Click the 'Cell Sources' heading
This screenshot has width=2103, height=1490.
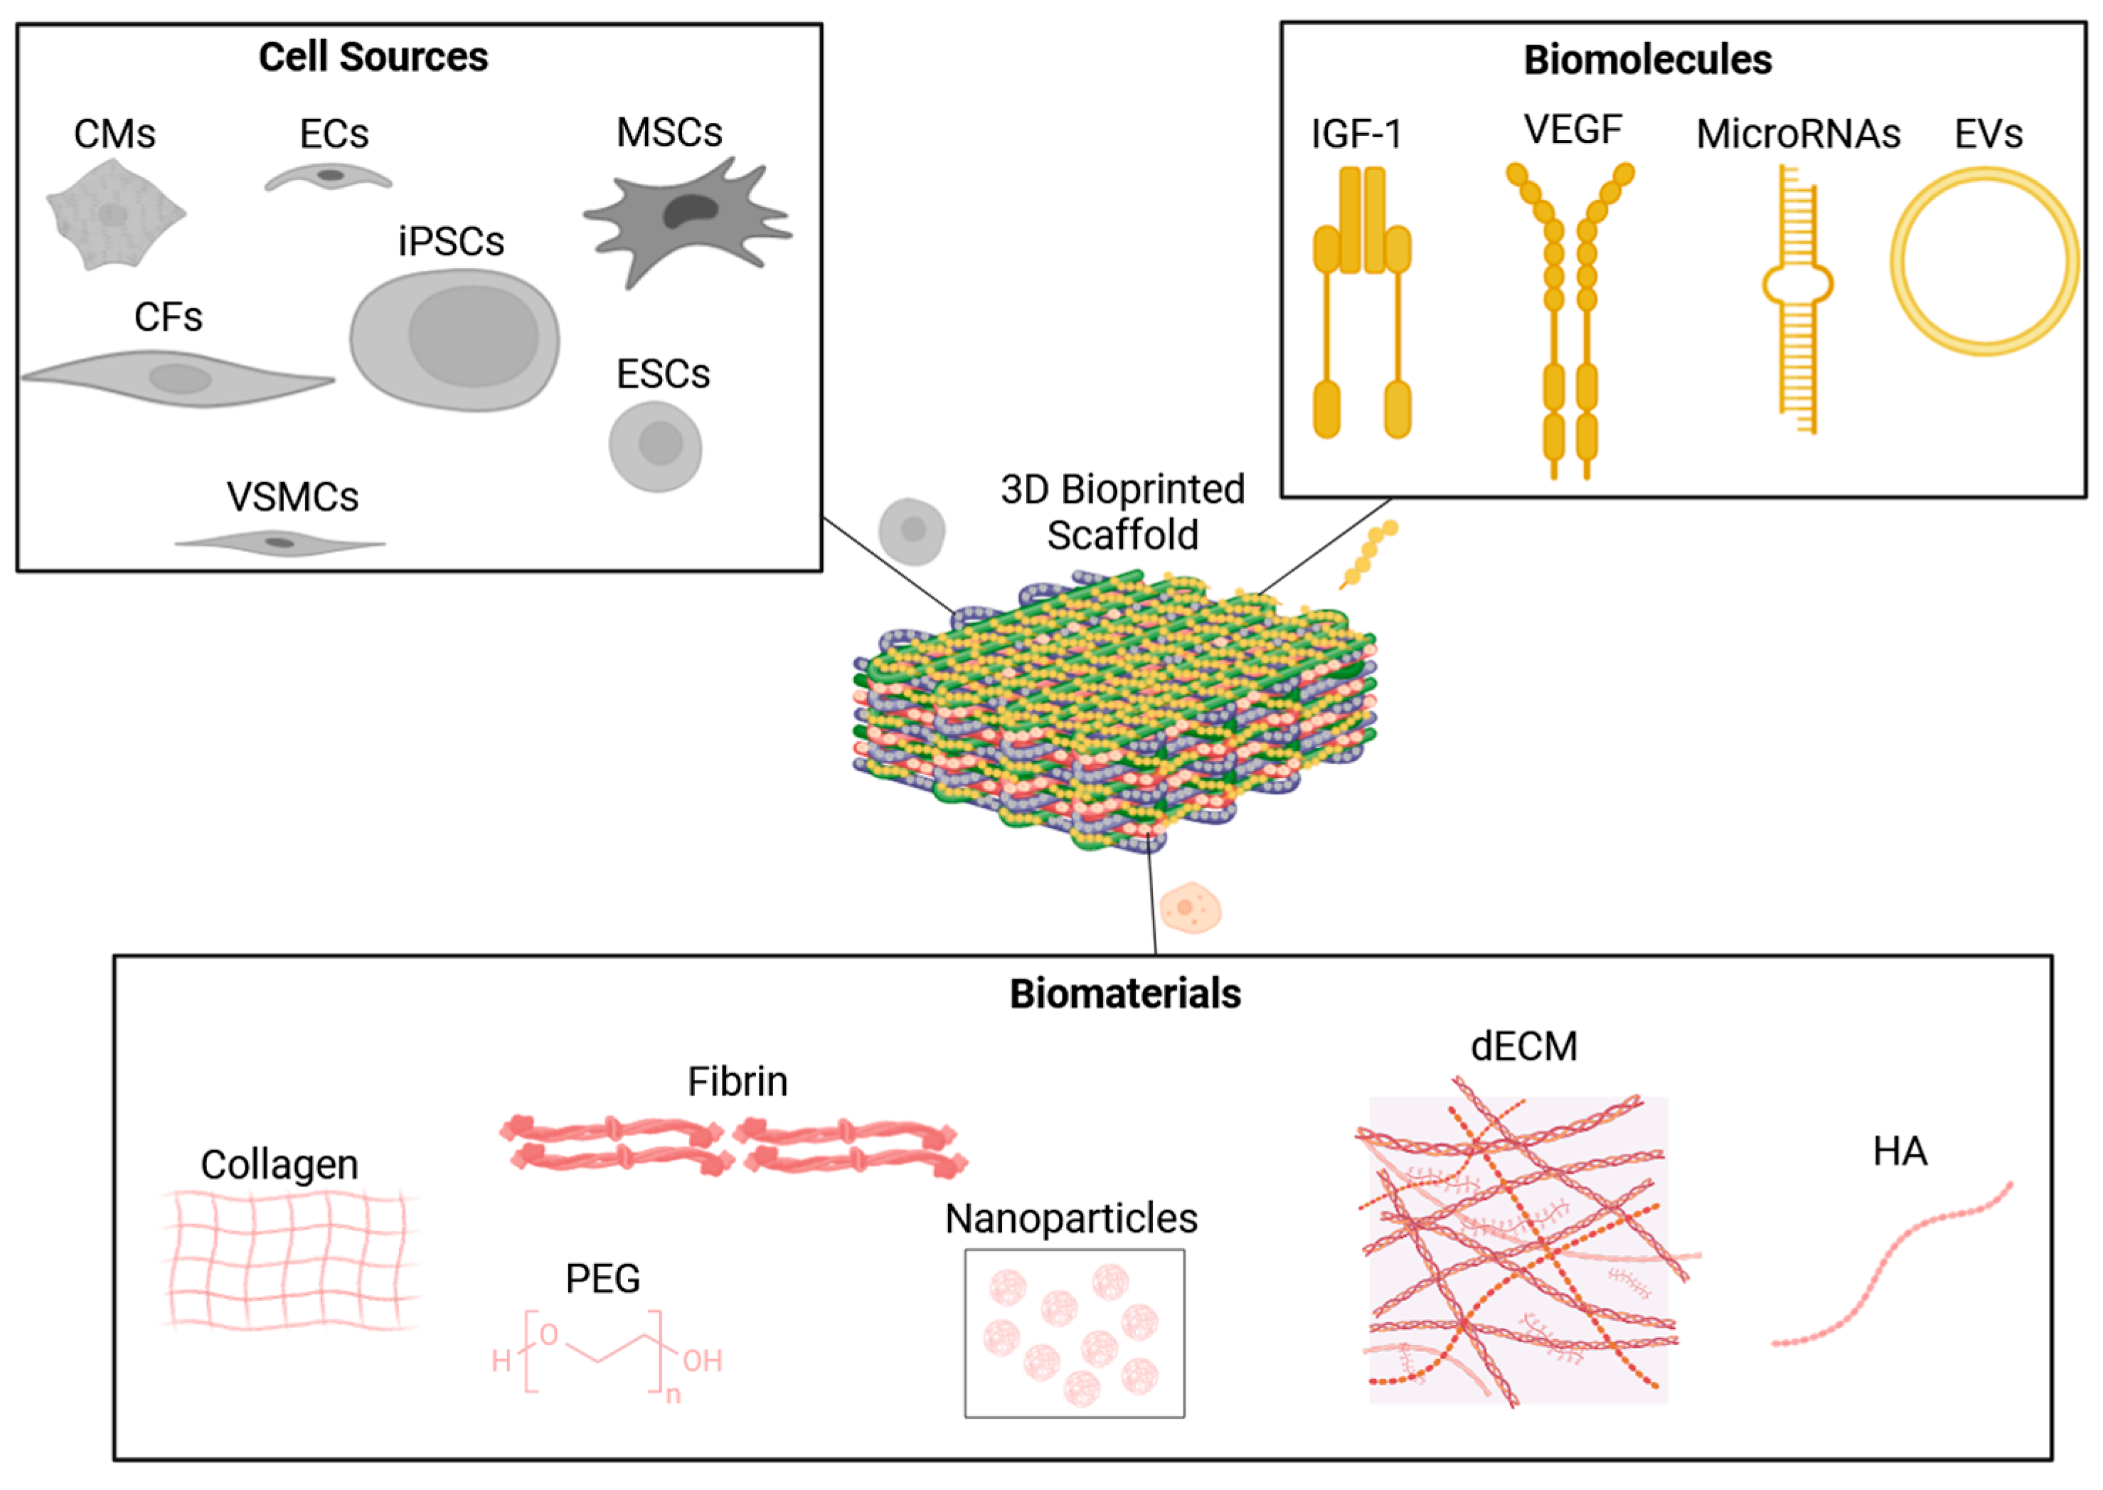(373, 57)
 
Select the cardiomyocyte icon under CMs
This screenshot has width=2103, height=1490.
(114, 215)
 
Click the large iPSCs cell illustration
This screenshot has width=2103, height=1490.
(455, 339)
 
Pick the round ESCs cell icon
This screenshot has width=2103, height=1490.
(655, 446)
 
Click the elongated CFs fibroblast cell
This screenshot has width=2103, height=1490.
(179, 378)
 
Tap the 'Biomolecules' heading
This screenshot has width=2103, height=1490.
(1647, 60)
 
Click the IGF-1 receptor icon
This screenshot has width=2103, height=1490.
(1362, 303)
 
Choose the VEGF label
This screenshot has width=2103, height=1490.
(1572, 129)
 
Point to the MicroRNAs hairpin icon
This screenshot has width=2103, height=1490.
(1797, 294)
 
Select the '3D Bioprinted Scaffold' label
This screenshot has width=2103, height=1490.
(1122, 512)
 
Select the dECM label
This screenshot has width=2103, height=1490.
(1523, 1046)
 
